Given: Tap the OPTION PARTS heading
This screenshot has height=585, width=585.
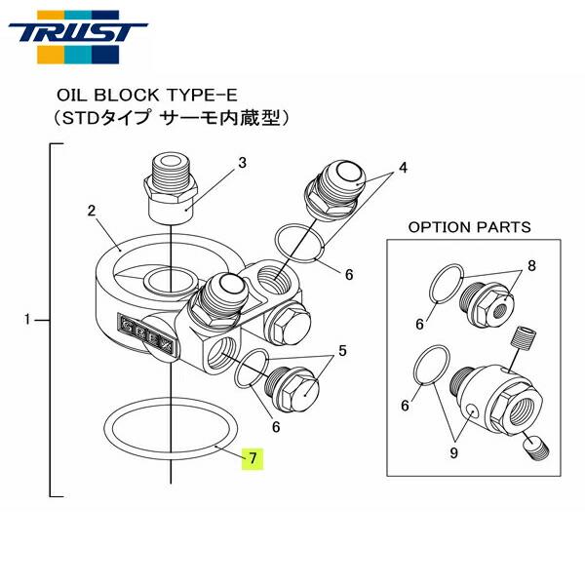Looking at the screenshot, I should point(469,227).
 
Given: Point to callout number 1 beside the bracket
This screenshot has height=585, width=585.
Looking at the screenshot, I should point(29,319).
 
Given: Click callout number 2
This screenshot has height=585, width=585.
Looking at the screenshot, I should point(90,210).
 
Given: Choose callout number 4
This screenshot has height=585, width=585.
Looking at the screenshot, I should point(401,168).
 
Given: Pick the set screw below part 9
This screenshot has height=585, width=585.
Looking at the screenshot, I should point(535,448).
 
